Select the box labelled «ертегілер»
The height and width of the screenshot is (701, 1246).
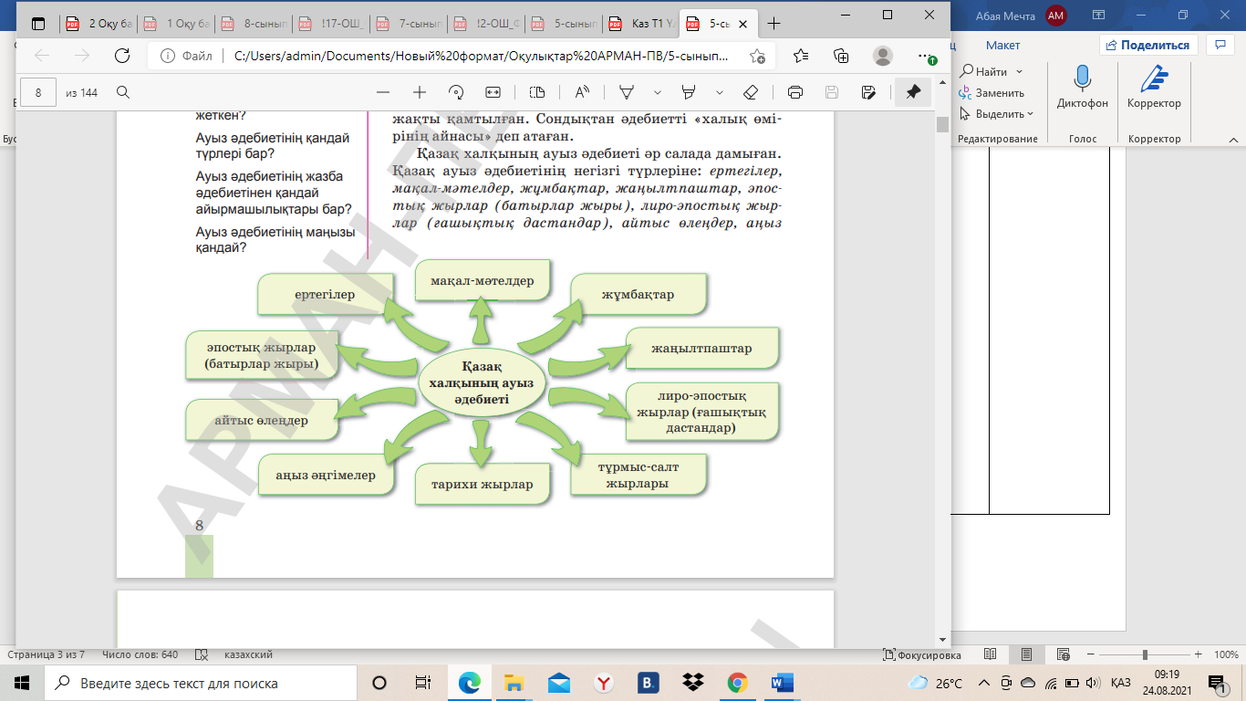pos(325,295)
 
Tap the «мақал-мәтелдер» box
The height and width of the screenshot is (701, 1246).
pos(482,281)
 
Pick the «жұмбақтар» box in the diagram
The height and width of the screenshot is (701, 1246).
pos(639,295)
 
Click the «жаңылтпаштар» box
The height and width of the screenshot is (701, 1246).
pos(701,349)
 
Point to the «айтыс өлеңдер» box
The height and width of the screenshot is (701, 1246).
pos(262,421)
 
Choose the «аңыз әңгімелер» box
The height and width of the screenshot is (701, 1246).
pos(326,475)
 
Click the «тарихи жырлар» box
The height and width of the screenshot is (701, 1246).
pos(483,484)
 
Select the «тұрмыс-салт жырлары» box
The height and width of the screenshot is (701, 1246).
pos(639,475)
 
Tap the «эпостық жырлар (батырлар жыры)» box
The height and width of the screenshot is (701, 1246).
pos(262,355)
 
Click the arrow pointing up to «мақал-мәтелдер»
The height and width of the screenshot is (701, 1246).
pos(481,324)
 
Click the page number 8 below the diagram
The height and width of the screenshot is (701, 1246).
pos(200,525)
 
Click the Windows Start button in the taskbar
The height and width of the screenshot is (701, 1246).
pos(22,683)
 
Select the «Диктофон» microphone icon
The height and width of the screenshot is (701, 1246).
pos(1083,79)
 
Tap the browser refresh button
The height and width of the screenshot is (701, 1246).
pos(122,56)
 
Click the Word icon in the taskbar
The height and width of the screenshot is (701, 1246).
pos(783,683)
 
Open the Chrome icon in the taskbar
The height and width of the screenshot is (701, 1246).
pos(738,683)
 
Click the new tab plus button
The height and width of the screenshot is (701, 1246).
pos(774,23)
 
